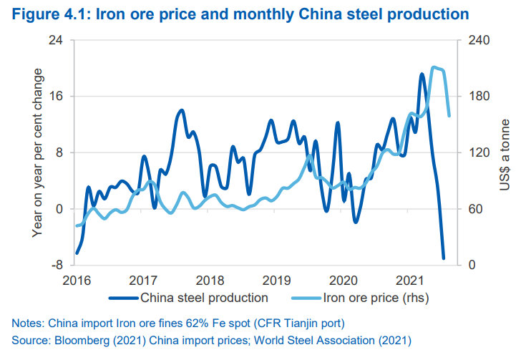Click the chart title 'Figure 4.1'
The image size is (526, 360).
[x=44, y=14]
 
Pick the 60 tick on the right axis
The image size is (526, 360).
[x=474, y=209]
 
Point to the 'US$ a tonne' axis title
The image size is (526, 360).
[x=505, y=153]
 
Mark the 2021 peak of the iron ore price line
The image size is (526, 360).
[x=434, y=68]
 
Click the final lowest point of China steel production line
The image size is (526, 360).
[x=444, y=258]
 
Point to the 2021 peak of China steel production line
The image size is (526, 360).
[x=422, y=74]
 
